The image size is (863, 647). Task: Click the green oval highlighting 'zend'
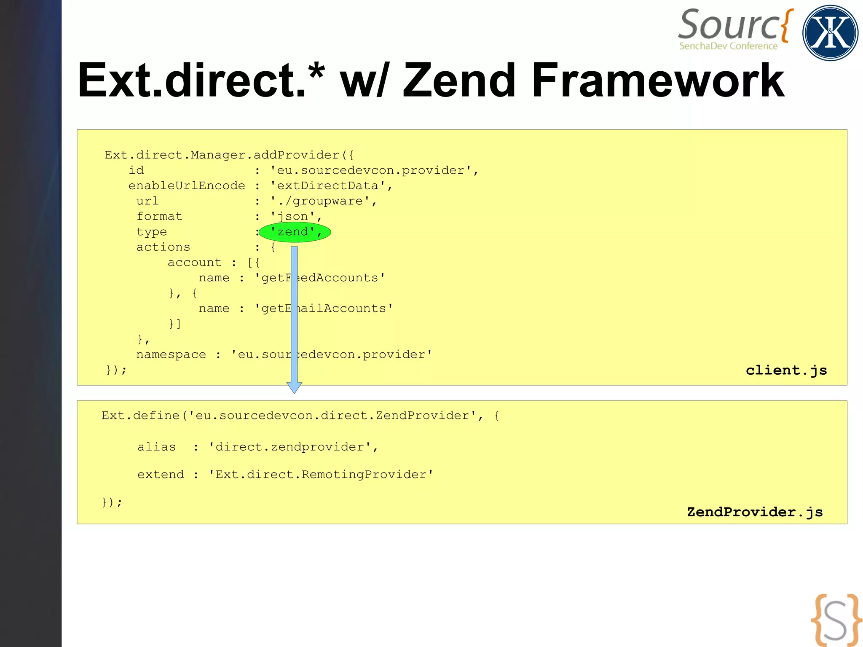(x=295, y=232)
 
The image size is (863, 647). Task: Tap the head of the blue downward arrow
(x=294, y=387)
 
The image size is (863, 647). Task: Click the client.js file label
(x=786, y=370)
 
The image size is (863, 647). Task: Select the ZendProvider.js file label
(x=755, y=512)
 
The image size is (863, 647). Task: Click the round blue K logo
(x=830, y=33)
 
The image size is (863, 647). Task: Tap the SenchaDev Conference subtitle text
(x=728, y=46)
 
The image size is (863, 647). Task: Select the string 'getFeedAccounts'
(x=320, y=278)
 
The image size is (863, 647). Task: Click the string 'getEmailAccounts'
(x=324, y=309)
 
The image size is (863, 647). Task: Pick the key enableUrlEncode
(x=187, y=186)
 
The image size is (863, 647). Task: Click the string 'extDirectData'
(x=327, y=186)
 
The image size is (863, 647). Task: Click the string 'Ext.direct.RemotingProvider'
(x=321, y=475)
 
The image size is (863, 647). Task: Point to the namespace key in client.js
(x=171, y=354)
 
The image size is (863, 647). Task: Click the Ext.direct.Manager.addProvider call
(x=229, y=155)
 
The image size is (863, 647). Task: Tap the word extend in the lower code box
(x=161, y=475)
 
